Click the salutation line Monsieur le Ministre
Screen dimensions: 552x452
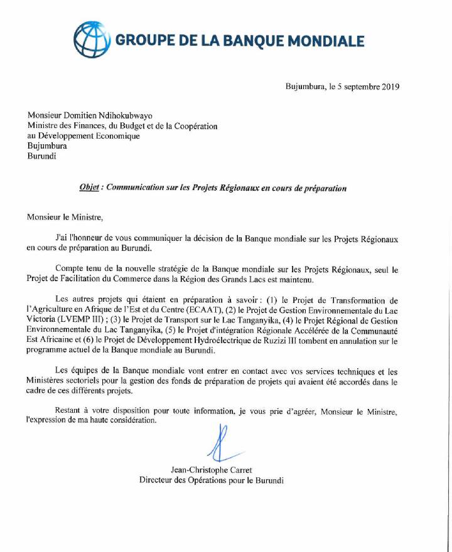point(63,218)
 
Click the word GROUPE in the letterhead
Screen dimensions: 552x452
point(142,41)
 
